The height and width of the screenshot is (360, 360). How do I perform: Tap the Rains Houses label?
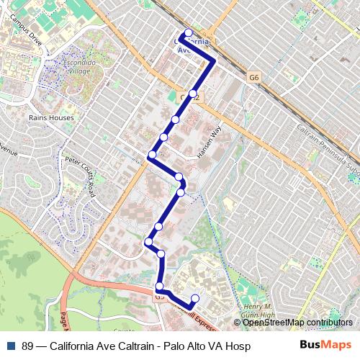tap(48, 116)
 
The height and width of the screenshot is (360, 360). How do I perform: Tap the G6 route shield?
tap(253, 76)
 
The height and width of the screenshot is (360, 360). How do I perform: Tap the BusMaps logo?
tap(325, 345)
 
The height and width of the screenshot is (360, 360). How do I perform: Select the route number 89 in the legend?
tap(28, 346)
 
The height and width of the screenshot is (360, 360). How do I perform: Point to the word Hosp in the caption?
tap(238, 346)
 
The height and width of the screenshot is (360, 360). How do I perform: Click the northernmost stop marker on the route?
tap(189, 32)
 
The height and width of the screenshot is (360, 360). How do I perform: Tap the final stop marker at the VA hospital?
tap(195, 298)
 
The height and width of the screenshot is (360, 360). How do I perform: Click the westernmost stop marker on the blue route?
tap(148, 241)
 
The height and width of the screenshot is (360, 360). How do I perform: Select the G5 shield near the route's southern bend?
tap(159, 296)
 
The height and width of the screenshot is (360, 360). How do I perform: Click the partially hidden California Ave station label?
tap(193, 45)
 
